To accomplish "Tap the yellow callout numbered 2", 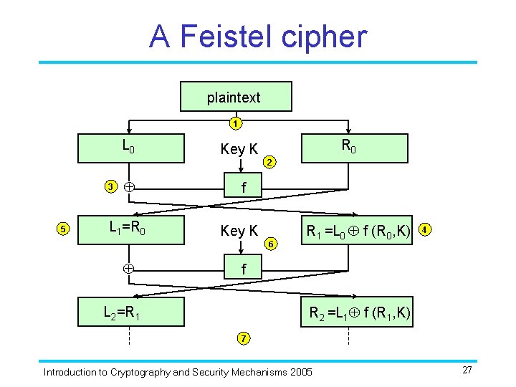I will point(269,163).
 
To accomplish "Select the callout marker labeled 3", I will point(110,187).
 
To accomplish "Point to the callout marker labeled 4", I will point(426,230).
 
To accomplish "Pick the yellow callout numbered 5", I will point(63,229).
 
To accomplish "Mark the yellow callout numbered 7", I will point(243,338).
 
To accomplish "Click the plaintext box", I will point(234,97).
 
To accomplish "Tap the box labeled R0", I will point(348,148).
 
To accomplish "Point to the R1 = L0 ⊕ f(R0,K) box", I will point(358,231).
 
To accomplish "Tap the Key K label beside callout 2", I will point(239,150).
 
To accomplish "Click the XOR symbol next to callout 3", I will point(128,187).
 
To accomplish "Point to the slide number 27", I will point(467,370).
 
